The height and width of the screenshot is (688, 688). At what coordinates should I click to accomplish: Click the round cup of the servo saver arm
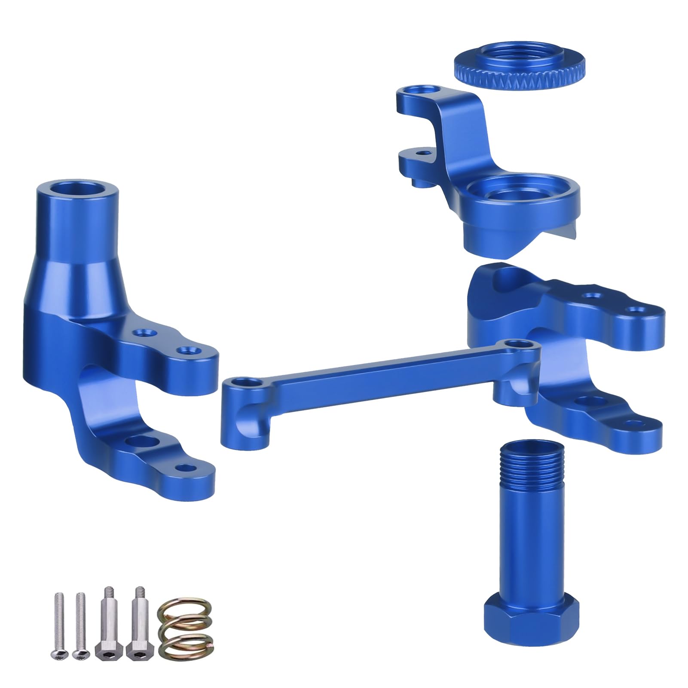(511, 195)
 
